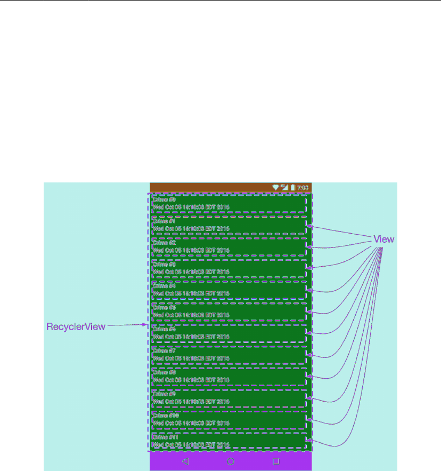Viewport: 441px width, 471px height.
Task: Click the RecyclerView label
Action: [x=76, y=326]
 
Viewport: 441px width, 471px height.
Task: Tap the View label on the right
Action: [x=383, y=240]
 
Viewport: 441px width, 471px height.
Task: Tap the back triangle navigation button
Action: [x=185, y=461]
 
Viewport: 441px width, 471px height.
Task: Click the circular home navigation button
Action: [x=231, y=461]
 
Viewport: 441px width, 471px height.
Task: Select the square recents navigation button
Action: [x=276, y=461]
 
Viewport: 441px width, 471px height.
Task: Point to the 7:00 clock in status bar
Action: [x=303, y=188]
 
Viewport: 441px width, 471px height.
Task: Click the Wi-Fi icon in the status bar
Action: [x=275, y=187]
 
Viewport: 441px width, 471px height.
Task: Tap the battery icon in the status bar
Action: [x=292, y=187]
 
